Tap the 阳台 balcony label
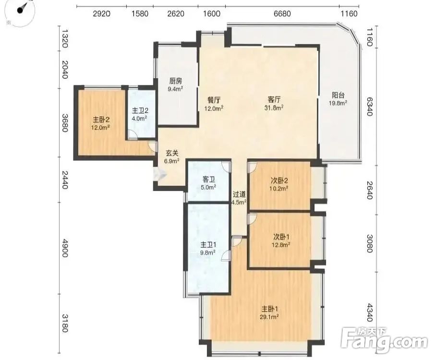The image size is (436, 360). (339, 96)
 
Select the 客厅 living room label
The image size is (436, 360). (274, 99)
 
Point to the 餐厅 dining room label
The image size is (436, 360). (214, 100)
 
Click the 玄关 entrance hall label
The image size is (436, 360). (172, 153)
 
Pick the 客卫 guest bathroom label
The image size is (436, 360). (208, 180)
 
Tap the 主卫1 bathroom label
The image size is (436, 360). (208, 245)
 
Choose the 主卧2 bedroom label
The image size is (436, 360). (101, 120)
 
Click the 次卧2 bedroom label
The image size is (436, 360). (279, 180)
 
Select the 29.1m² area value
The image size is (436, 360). (270, 317)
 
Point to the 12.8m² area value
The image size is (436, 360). (281, 245)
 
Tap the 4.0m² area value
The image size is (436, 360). (140, 118)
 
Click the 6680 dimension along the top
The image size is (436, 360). (282, 13)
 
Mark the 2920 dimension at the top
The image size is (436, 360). (101, 13)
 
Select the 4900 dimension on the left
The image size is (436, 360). (64, 248)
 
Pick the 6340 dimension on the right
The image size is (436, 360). (370, 107)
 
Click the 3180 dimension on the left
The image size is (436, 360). (64, 323)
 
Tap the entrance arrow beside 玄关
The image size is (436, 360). (160, 175)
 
